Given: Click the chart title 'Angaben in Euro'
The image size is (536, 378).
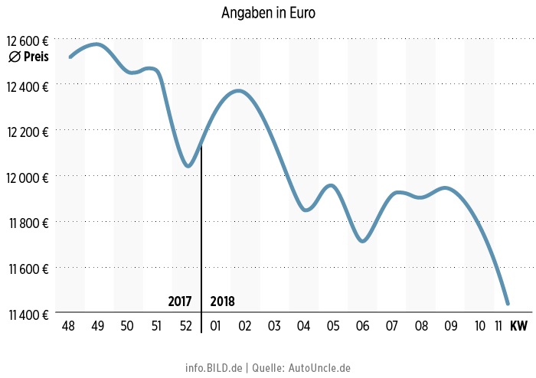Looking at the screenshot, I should [x=268, y=13].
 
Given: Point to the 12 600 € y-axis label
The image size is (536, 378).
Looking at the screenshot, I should [x=28, y=41].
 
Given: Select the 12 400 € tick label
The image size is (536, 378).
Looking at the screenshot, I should [x=28, y=86].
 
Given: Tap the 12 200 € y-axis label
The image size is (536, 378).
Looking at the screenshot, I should [x=28, y=132].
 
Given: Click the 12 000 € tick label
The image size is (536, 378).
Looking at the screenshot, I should [x=28, y=177].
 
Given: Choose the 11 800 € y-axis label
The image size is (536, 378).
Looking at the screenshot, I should [x=28, y=223].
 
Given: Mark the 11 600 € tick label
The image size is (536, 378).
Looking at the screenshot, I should [x=28, y=269].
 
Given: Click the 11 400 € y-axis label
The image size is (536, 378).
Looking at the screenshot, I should [x=28, y=314].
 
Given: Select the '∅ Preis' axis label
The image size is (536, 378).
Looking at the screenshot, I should [x=29, y=57].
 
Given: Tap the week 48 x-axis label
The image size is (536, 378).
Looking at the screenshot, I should [x=68, y=327].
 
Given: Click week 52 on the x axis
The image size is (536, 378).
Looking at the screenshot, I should [x=186, y=327].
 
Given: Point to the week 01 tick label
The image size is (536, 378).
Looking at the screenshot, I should [x=215, y=327].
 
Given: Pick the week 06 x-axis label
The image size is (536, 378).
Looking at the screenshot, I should [x=363, y=327].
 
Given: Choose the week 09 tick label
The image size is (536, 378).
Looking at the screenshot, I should [x=451, y=327].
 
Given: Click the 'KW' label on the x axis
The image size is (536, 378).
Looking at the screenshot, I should [x=518, y=327].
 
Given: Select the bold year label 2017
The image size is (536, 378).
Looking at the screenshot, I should [x=179, y=301].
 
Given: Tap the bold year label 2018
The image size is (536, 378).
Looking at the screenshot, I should [x=222, y=301].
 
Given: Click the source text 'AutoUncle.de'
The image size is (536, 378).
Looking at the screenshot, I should [x=319, y=368].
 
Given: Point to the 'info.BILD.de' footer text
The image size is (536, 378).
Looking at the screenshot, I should [x=213, y=368].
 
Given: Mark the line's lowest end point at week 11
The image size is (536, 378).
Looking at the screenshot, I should [x=507, y=303].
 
